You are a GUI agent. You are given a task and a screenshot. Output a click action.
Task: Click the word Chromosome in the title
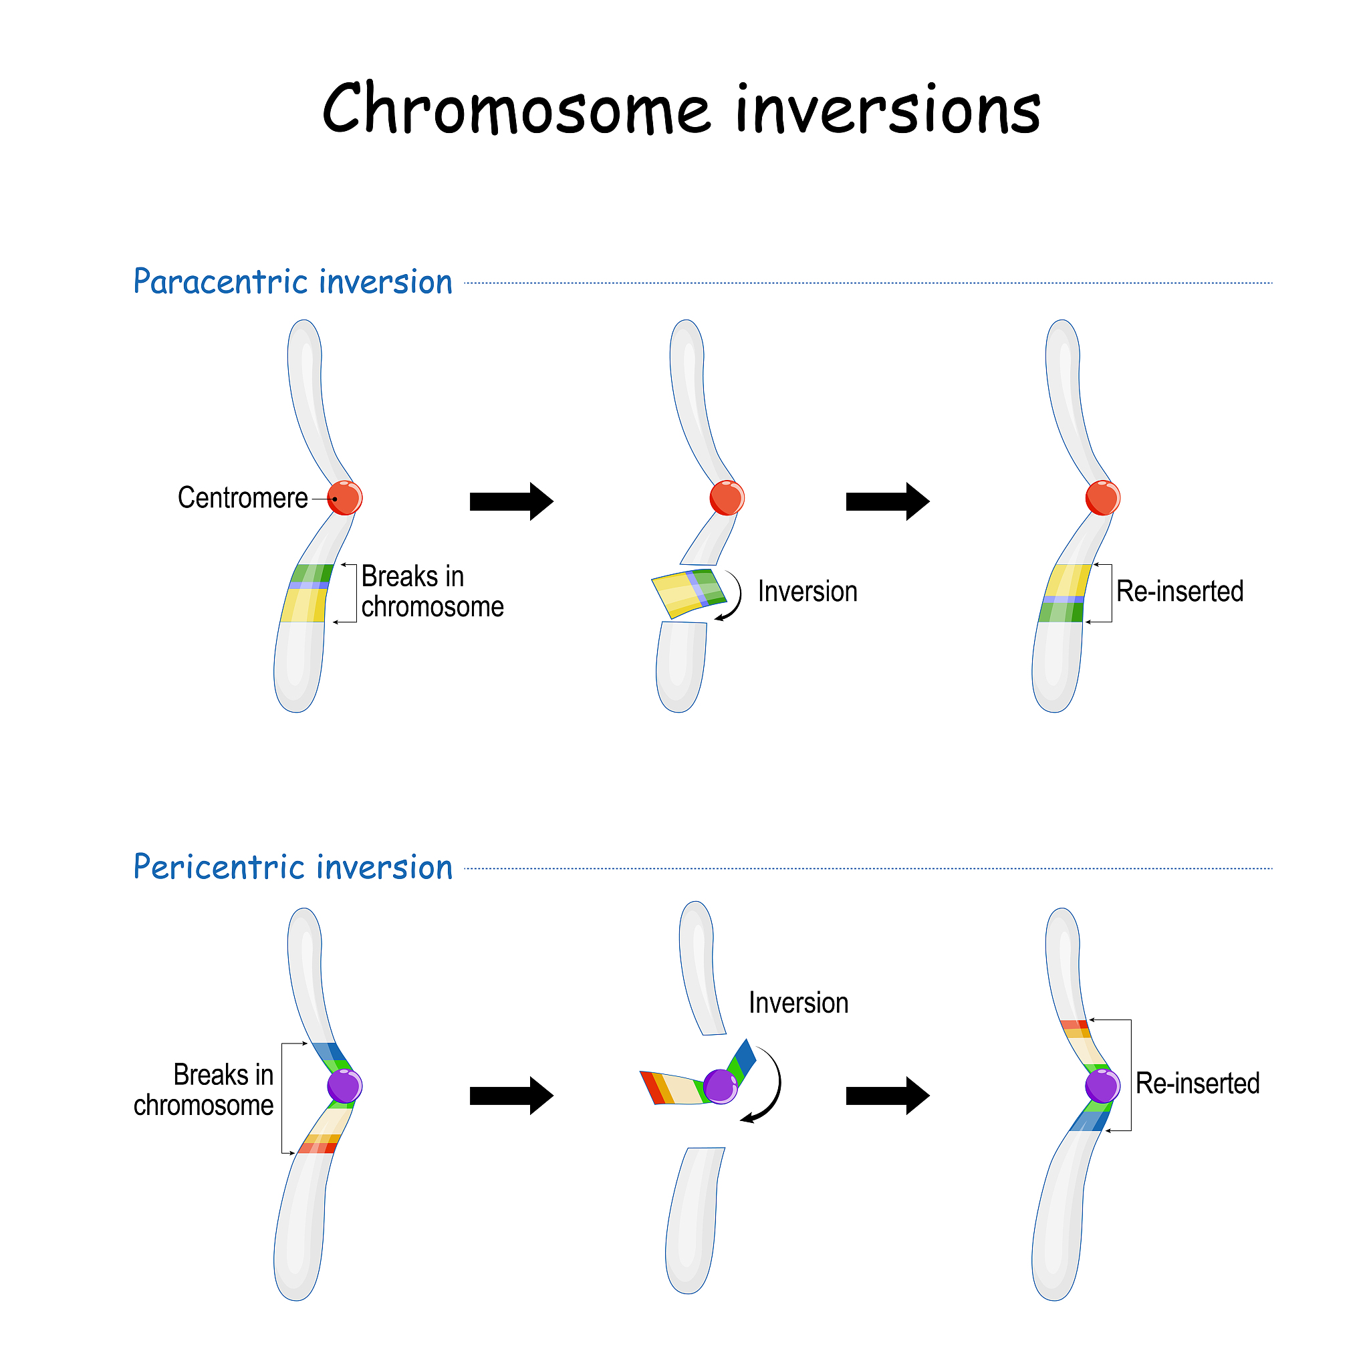point(516,110)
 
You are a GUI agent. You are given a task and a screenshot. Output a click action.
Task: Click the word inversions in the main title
point(887,110)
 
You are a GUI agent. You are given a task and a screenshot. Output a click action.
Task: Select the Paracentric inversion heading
point(293,282)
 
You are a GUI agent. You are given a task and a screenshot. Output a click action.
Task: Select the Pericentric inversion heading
point(293,867)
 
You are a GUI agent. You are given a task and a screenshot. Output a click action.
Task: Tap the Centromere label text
point(243,498)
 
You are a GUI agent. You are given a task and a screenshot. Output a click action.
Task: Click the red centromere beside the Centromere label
point(345,497)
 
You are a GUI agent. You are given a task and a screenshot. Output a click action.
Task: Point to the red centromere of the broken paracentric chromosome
point(727,497)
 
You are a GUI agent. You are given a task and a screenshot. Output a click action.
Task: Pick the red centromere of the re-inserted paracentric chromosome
point(1102,497)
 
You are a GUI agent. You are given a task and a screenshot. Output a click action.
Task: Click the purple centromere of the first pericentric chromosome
point(345,1086)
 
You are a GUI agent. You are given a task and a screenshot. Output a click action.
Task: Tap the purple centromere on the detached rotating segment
point(721,1086)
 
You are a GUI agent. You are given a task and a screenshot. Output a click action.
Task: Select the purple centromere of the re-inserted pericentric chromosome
point(1102,1086)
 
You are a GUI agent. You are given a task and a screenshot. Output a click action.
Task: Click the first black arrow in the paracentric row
point(511,502)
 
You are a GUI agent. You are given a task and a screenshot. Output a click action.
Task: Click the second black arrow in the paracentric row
point(887,502)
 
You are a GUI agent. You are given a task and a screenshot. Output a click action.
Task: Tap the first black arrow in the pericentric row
point(511,1096)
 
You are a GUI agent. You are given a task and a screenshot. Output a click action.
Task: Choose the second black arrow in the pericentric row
point(887,1096)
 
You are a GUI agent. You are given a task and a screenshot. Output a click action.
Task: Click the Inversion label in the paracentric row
point(807,592)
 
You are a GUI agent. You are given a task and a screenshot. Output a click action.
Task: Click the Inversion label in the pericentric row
point(799,1003)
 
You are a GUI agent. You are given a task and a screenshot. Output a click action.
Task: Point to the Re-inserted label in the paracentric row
point(1180,592)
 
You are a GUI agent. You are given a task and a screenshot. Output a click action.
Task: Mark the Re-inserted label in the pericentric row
point(1197,1084)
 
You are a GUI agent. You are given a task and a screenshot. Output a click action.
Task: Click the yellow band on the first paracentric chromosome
point(304,606)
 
